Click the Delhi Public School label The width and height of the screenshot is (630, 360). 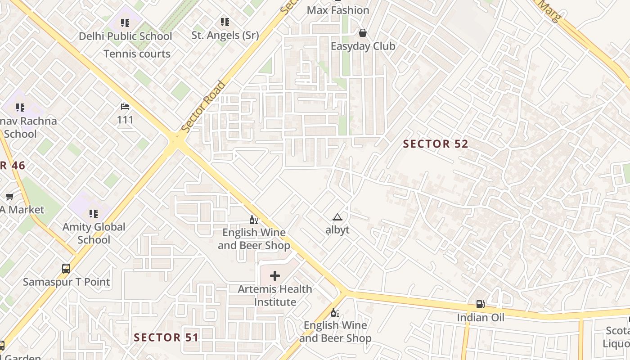(x=126, y=36)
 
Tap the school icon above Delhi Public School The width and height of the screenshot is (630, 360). (x=125, y=22)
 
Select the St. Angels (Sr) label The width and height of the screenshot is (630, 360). (x=225, y=35)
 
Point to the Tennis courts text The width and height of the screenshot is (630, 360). (x=137, y=54)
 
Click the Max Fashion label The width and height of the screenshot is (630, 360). (x=338, y=10)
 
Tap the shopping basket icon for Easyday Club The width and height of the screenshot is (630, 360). (x=363, y=33)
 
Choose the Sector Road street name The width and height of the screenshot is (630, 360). (x=203, y=107)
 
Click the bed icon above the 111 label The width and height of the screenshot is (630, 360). (x=125, y=107)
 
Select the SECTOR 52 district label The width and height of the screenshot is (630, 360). (x=436, y=144)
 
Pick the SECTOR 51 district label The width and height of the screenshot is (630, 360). (x=166, y=337)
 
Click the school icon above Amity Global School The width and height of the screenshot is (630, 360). (x=94, y=213)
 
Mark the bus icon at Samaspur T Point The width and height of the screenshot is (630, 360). (x=66, y=269)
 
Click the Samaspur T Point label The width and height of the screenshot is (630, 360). (x=67, y=282)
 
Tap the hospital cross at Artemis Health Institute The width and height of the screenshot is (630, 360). (x=275, y=276)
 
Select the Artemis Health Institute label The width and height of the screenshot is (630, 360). (x=275, y=296)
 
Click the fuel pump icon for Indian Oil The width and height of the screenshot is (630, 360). (x=481, y=304)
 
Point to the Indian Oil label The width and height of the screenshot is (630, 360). (x=481, y=318)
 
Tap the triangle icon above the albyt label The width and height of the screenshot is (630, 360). (x=337, y=217)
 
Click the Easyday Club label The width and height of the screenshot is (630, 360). (x=363, y=46)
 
